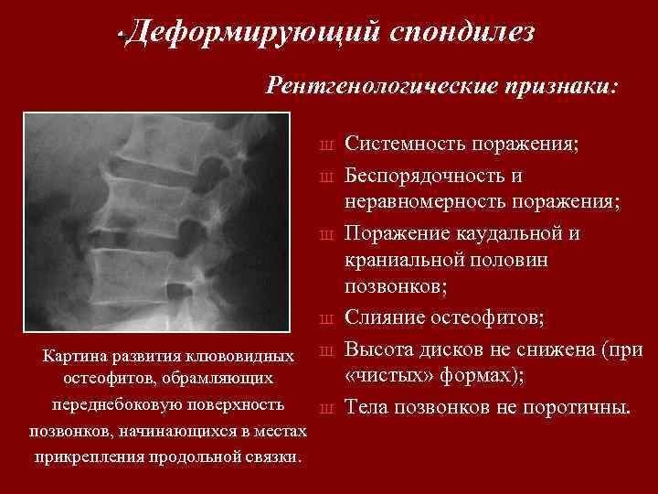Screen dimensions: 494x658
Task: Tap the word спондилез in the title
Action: tap(462, 34)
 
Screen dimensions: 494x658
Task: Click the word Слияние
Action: tap(387, 317)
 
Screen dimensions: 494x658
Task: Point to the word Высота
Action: tap(381, 349)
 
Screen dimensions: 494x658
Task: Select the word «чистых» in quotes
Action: tap(387, 376)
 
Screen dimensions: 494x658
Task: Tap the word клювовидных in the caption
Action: tap(243, 354)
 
